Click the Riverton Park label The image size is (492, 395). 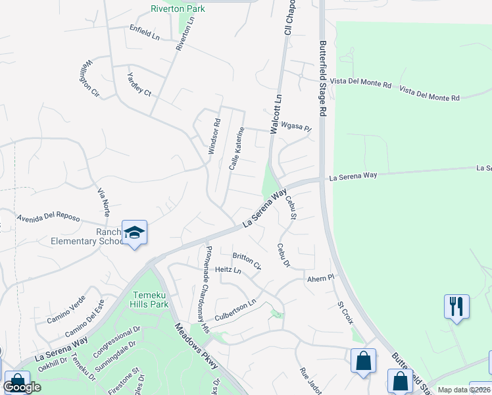[x=178, y=9]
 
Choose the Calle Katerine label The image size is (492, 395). [x=237, y=149]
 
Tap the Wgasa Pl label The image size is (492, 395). [x=295, y=126]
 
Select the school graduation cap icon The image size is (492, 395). [x=134, y=232]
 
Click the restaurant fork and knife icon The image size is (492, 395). [x=456, y=306]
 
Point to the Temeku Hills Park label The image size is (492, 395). [x=151, y=299]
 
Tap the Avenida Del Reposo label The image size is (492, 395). [x=48, y=218]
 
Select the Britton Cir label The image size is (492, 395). [x=247, y=261]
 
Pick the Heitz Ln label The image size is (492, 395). [x=228, y=271]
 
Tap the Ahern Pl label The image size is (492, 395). [x=322, y=279]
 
